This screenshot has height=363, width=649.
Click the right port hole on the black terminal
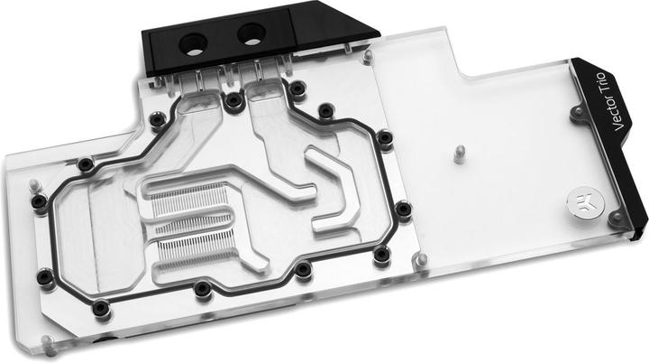pyautogui.click(x=248, y=36)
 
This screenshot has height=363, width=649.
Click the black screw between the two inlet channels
pyautogui.click(x=233, y=100)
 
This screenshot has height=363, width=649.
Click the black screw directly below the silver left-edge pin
pyautogui.click(x=40, y=203)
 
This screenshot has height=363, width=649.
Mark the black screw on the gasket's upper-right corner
pyautogui.click(x=385, y=137)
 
